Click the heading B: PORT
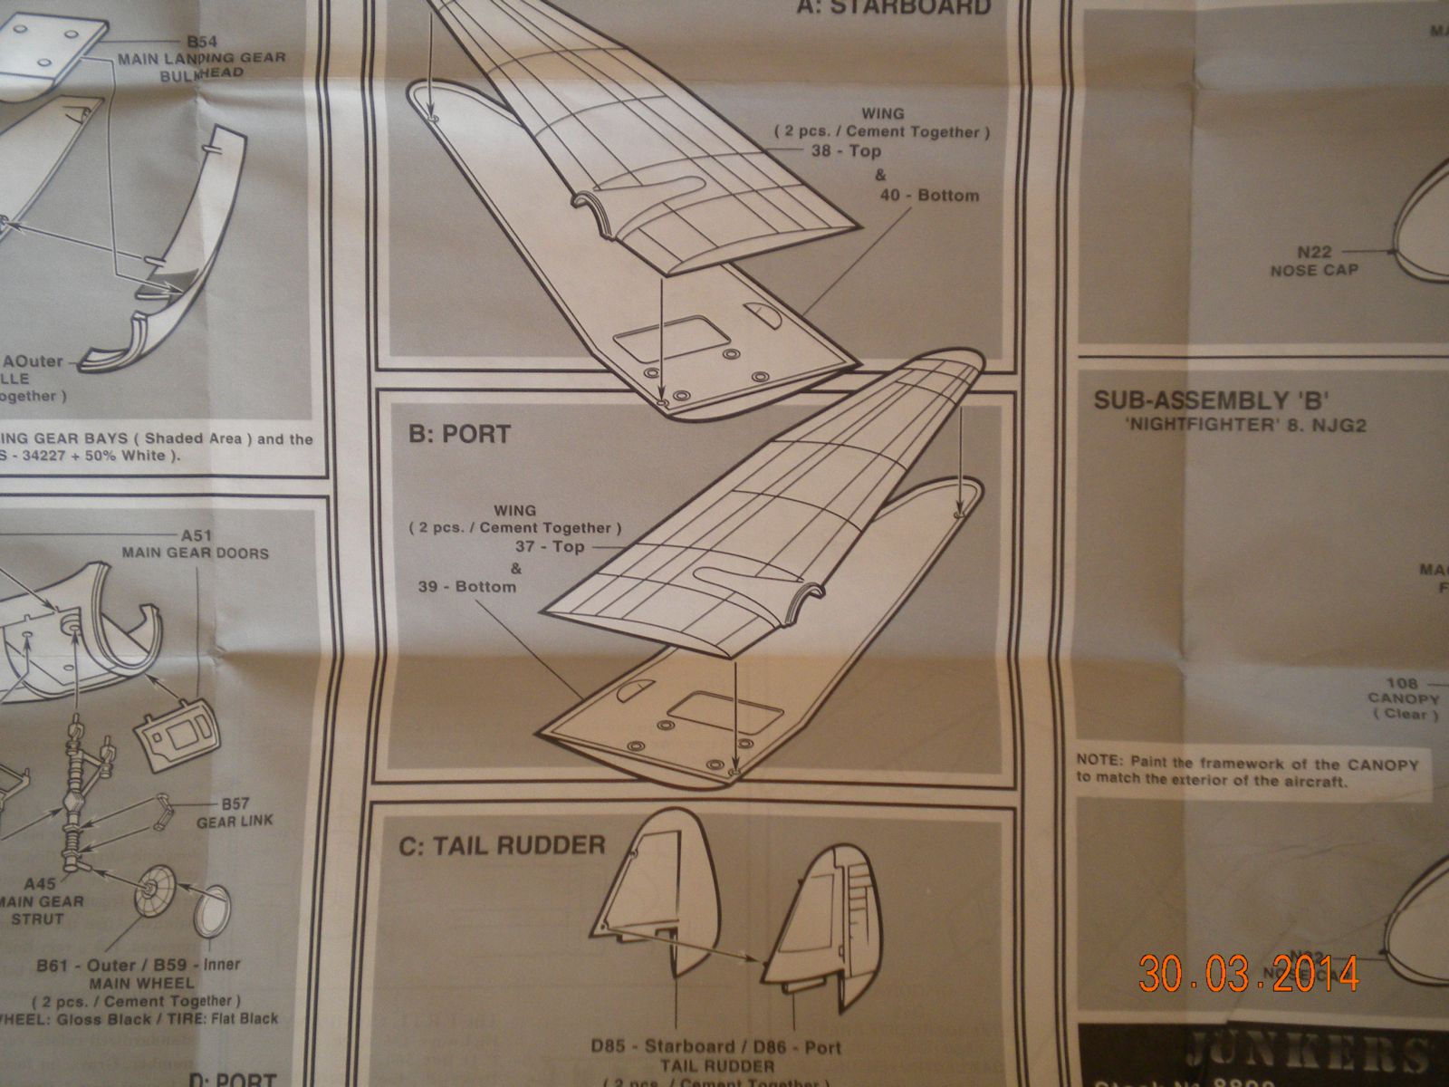click(x=458, y=434)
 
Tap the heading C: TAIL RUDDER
click(x=501, y=846)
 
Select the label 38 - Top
click(x=846, y=151)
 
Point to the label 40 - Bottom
click(x=928, y=195)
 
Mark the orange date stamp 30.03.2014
click(x=1249, y=974)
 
